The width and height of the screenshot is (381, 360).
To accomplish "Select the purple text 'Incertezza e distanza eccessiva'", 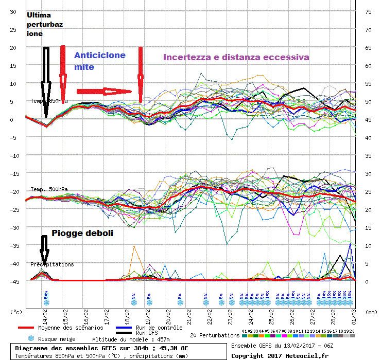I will pos(236,57).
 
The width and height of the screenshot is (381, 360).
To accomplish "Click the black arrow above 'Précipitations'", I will pos(44,249).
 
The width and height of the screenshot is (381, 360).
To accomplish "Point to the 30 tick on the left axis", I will pos(13,11).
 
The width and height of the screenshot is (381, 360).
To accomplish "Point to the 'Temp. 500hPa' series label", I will pos(49,189).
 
